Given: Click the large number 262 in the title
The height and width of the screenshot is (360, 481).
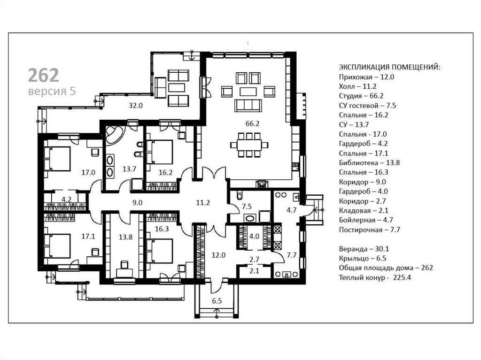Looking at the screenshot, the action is (43, 76).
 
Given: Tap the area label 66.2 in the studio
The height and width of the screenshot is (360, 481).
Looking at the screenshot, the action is (252, 123).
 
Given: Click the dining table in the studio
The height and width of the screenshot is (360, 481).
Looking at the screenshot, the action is (249, 145).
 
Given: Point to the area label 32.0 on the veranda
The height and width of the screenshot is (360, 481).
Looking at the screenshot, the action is (136, 106).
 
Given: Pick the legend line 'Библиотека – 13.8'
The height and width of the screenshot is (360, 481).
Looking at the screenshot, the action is (369, 163).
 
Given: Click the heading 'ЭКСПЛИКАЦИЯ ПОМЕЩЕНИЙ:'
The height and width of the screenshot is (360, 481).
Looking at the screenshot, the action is (389, 67).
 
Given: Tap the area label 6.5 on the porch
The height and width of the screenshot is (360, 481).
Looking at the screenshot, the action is (217, 301).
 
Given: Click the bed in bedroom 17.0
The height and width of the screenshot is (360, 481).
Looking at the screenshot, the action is (58, 159).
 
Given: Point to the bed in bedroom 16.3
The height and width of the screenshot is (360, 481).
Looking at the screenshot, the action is (160, 251).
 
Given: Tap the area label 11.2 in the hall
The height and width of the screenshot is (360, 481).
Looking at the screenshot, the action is (203, 203).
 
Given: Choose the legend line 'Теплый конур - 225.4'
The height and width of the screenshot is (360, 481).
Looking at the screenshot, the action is (375, 278).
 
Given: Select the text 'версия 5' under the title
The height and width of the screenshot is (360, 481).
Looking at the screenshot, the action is (52, 92).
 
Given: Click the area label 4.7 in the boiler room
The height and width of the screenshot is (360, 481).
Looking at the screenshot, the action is (291, 210).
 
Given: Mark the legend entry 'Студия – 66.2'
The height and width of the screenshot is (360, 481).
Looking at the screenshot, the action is (361, 96).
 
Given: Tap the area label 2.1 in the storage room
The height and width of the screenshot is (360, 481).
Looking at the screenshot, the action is (254, 271).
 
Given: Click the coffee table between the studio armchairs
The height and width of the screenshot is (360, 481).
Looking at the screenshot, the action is (248, 92).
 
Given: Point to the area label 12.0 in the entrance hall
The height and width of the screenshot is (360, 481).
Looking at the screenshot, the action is (219, 255).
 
